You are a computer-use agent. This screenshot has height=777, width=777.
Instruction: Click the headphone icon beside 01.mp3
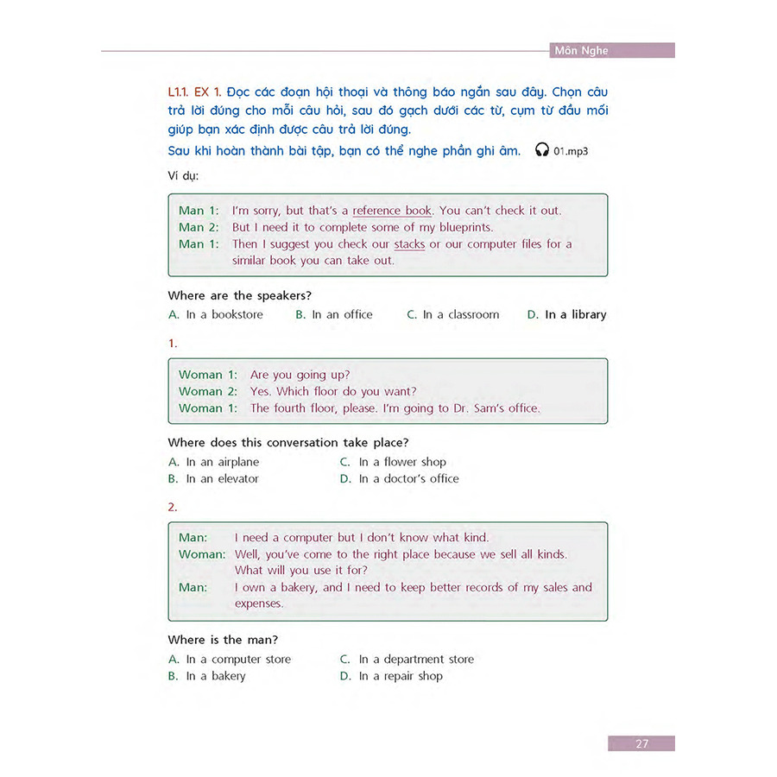pyautogui.click(x=542, y=150)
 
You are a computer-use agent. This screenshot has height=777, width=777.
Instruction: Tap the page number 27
pyautogui.click(x=641, y=743)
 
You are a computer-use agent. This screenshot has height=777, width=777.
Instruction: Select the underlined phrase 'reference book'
pyautogui.click(x=392, y=211)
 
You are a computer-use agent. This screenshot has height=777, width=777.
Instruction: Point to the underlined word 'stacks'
pyautogui.click(x=409, y=244)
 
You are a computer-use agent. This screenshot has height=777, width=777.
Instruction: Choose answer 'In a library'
pyautogui.click(x=575, y=315)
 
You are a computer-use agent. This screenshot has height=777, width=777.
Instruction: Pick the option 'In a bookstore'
pyautogui.click(x=224, y=315)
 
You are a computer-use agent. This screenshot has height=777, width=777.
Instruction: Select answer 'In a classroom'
pyautogui.click(x=460, y=315)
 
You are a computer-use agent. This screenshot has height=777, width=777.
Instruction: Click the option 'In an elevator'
pyautogui.click(x=222, y=478)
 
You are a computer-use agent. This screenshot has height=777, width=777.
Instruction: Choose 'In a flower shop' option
pyautogui.click(x=402, y=462)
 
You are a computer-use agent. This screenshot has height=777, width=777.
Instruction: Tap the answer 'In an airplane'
pyautogui.click(x=222, y=462)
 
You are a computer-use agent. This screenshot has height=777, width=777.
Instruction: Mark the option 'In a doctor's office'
pyautogui.click(x=408, y=478)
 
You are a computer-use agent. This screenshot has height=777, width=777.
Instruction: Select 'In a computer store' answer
pyautogui.click(x=238, y=660)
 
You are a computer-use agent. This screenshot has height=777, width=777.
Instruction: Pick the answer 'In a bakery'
pyautogui.click(x=215, y=676)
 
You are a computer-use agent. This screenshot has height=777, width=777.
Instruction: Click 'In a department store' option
pyautogui.click(x=416, y=660)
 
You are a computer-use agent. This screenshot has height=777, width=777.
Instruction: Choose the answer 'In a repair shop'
pyautogui.click(x=401, y=676)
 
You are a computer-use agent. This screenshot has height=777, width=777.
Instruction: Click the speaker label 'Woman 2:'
pyautogui.click(x=207, y=391)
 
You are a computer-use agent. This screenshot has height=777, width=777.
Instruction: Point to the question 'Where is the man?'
pyautogui.click(x=223, y=640)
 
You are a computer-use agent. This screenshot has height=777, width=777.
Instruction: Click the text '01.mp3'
pyautogui.click(x=572, y=151)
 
